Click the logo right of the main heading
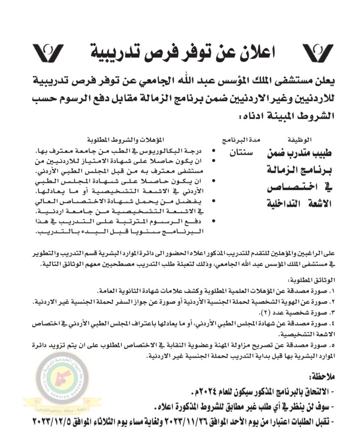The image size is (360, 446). point(317,54)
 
